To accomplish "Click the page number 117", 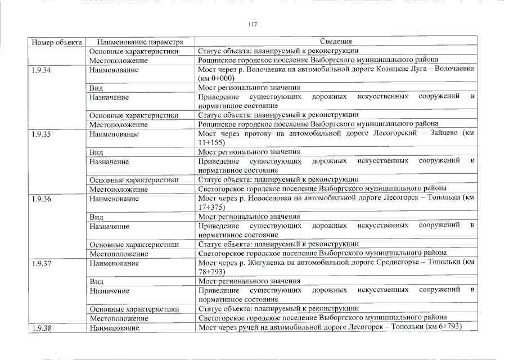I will tap(253, 24).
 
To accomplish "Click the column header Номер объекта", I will tap(57, 42).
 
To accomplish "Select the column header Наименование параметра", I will tap(140, 42).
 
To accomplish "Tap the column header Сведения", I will tap(336, 42).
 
